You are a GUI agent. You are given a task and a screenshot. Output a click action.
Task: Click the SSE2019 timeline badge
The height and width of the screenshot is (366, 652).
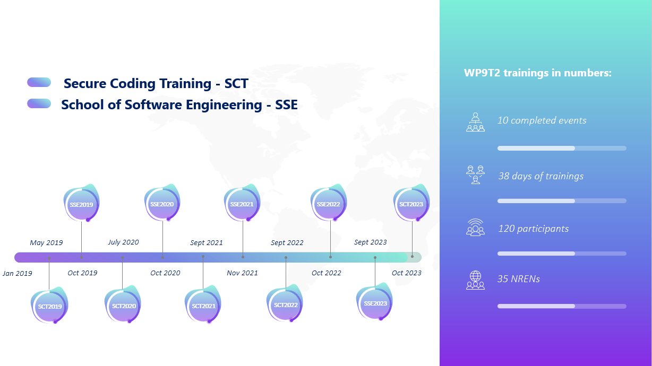coord(82,203)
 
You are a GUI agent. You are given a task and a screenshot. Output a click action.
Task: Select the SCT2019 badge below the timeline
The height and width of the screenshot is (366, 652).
coord(49,305)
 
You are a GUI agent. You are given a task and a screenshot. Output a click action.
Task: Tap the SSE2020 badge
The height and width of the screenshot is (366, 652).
coord(162,203)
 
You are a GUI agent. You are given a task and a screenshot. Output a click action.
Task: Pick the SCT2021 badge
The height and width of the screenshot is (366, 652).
coord(203,304)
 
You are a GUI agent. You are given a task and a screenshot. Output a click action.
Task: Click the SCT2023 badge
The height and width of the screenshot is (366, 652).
coord(411,203)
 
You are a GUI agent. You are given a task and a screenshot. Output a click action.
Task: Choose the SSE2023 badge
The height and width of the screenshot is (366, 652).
coord(375,302)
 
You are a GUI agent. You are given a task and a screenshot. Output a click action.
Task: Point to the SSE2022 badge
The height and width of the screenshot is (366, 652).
coord(329,203)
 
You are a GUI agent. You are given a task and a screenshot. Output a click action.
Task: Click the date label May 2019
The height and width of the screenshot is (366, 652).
coord(46,242)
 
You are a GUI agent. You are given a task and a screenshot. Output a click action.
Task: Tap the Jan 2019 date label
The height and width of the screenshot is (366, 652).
coord(18,273)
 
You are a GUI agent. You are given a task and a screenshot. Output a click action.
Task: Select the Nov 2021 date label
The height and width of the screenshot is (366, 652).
coord(242,273)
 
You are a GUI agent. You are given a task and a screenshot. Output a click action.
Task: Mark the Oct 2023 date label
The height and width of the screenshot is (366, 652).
coord(407,273)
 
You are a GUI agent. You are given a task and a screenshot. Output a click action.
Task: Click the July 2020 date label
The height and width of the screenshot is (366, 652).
coord(123,242)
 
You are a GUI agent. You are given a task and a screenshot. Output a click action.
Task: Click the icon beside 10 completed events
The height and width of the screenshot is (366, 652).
coord(475,122)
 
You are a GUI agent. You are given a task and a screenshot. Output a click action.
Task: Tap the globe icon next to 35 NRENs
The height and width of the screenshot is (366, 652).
coord(475,280)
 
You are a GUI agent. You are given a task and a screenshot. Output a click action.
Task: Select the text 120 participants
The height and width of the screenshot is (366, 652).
coord(533,229)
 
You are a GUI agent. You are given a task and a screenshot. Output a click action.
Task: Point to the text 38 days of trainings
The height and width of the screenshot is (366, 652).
coord(541,176)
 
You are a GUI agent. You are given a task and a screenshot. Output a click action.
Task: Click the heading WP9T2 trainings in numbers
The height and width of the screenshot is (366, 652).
coord(538,73)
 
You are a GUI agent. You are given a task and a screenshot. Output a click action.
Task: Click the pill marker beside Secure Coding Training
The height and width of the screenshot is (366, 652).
coord(39,82)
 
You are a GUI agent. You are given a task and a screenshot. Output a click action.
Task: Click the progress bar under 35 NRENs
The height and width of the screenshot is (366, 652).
coord(562,306)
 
